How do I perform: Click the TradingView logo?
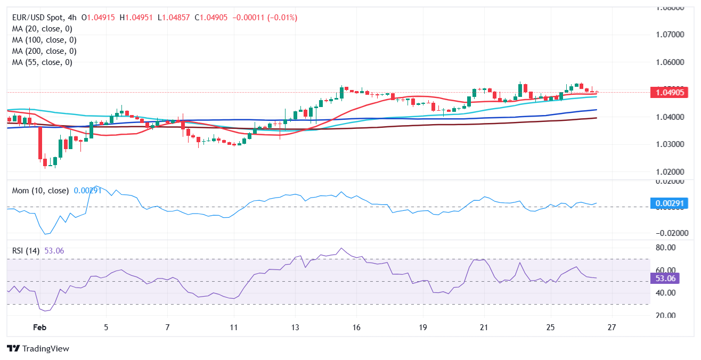[x=38, y=348]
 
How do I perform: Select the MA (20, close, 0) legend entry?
[x=42, y=29]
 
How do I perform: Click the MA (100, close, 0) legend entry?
[x=44, y=40]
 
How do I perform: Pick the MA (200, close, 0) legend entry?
[x=44, y=51]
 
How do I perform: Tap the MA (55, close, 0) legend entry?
[x=42, y=62]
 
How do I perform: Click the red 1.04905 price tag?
[x=670, y=93]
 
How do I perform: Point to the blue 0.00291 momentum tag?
[x=670, y=203]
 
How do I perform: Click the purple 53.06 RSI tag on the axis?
[x=665, y=279]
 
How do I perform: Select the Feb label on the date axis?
[x=39, y=327]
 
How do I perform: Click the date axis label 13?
[x=295, y=327]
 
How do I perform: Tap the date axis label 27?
[x=612, y=327]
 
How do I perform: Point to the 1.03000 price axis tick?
[x=670, y=144]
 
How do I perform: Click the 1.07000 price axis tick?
[x=670, y=35]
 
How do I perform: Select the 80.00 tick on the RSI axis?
[x=665, y=248]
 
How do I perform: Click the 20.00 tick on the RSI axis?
[x=665, y=315]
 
